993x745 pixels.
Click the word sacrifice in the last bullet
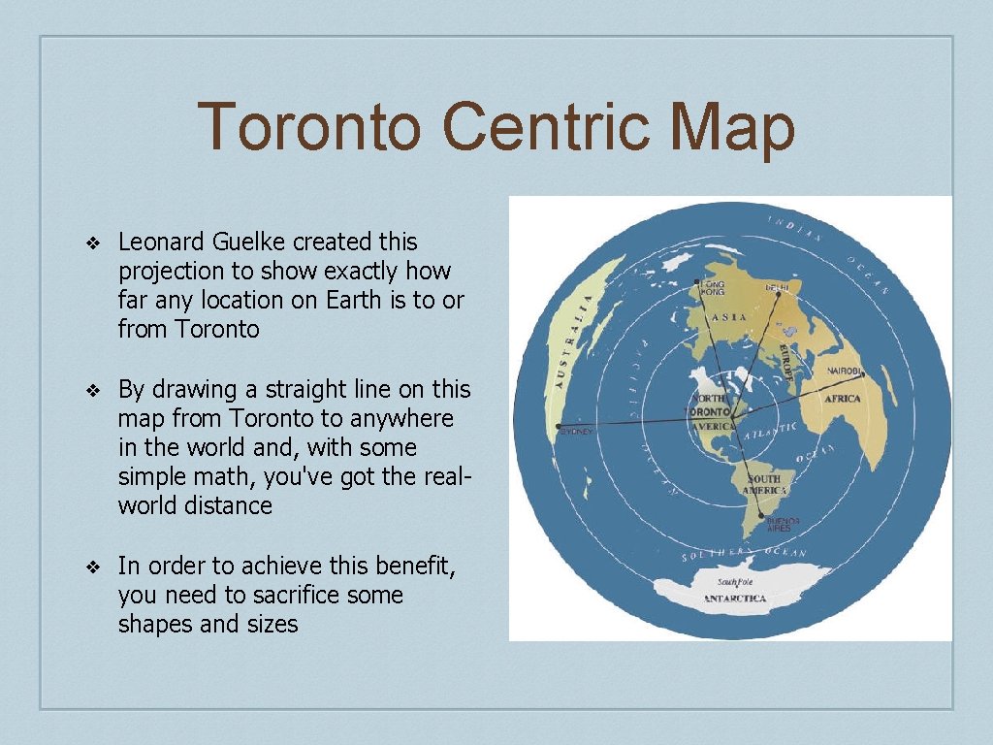pyautogui.click(x=291, y=595)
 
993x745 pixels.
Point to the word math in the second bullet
pyautogui.click(x=214, y=477)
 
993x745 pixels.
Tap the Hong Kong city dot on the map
pyautogui.click(x=696, y=282)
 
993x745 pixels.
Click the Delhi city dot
pyautogui.click(x=778, y=294)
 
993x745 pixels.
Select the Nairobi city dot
pyautogui.click(x=863, y=375)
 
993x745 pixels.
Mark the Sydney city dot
pyautogui.click(x=558, y=427)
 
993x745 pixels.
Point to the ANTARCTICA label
pyautogui.click(x=734, y=599)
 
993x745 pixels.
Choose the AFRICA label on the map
pyautogui.click(x=842, y=399)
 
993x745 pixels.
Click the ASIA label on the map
pyautogui.click(x=729, y=317)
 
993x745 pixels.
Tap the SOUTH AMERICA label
pyautogui.click(x=763, y=485)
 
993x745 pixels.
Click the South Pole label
pyautogui.click(x=733, y=582)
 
